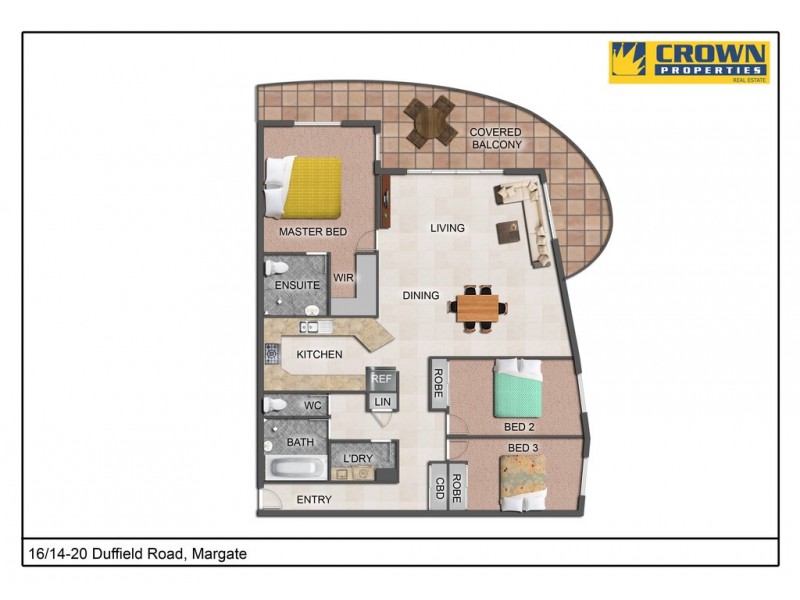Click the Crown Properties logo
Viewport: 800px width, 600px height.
pos(689,62)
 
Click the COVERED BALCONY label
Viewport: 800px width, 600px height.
pos(497,139)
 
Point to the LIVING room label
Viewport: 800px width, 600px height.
pos(447,228)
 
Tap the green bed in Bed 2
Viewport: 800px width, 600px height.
pos(518,391)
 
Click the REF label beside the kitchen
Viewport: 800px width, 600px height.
pos(381,379)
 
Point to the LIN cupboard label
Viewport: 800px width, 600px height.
pos(381,401)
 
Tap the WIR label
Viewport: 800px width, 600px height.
pos(343,278)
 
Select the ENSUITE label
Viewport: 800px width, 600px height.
pos(297,285)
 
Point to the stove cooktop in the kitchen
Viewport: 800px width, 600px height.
pos(271,353)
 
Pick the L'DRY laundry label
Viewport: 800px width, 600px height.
pos(357,458)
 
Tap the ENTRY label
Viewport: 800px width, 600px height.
pos(314,500)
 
